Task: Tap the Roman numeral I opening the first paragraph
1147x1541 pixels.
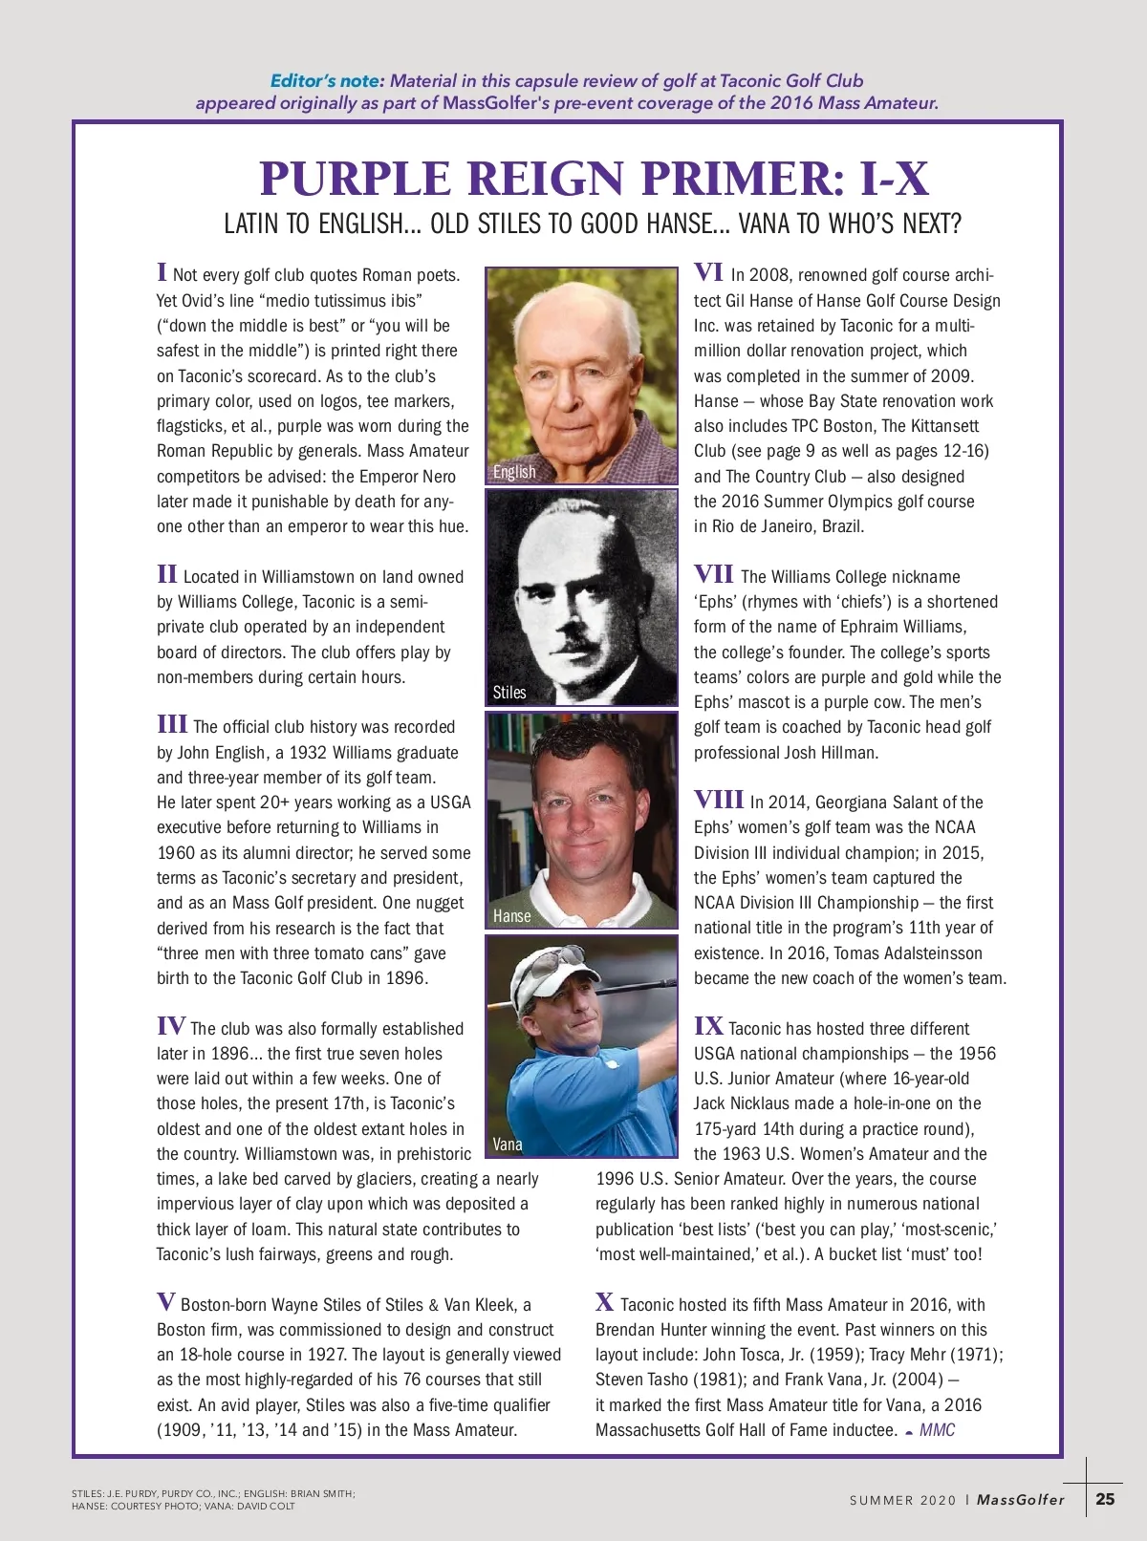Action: (x=162, y=272)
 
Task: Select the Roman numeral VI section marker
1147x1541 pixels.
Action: (x=708, y=272)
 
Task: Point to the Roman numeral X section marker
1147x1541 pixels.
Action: (x=604, y=1301)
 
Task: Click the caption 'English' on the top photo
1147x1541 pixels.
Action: (x=514, y=472)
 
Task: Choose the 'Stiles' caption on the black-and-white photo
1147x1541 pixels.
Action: (x=509, y=693)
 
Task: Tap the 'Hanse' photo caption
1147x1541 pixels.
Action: (x=511, y=916)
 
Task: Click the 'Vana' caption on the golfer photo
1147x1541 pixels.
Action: (x=508, y=1145)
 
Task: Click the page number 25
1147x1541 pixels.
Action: (x=1105, y=1499)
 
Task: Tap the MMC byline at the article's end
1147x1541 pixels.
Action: (x=937, y=1430)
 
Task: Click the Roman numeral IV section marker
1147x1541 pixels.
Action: (x=171, y=1026)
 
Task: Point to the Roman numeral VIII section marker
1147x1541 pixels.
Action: (x=719, y=800)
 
